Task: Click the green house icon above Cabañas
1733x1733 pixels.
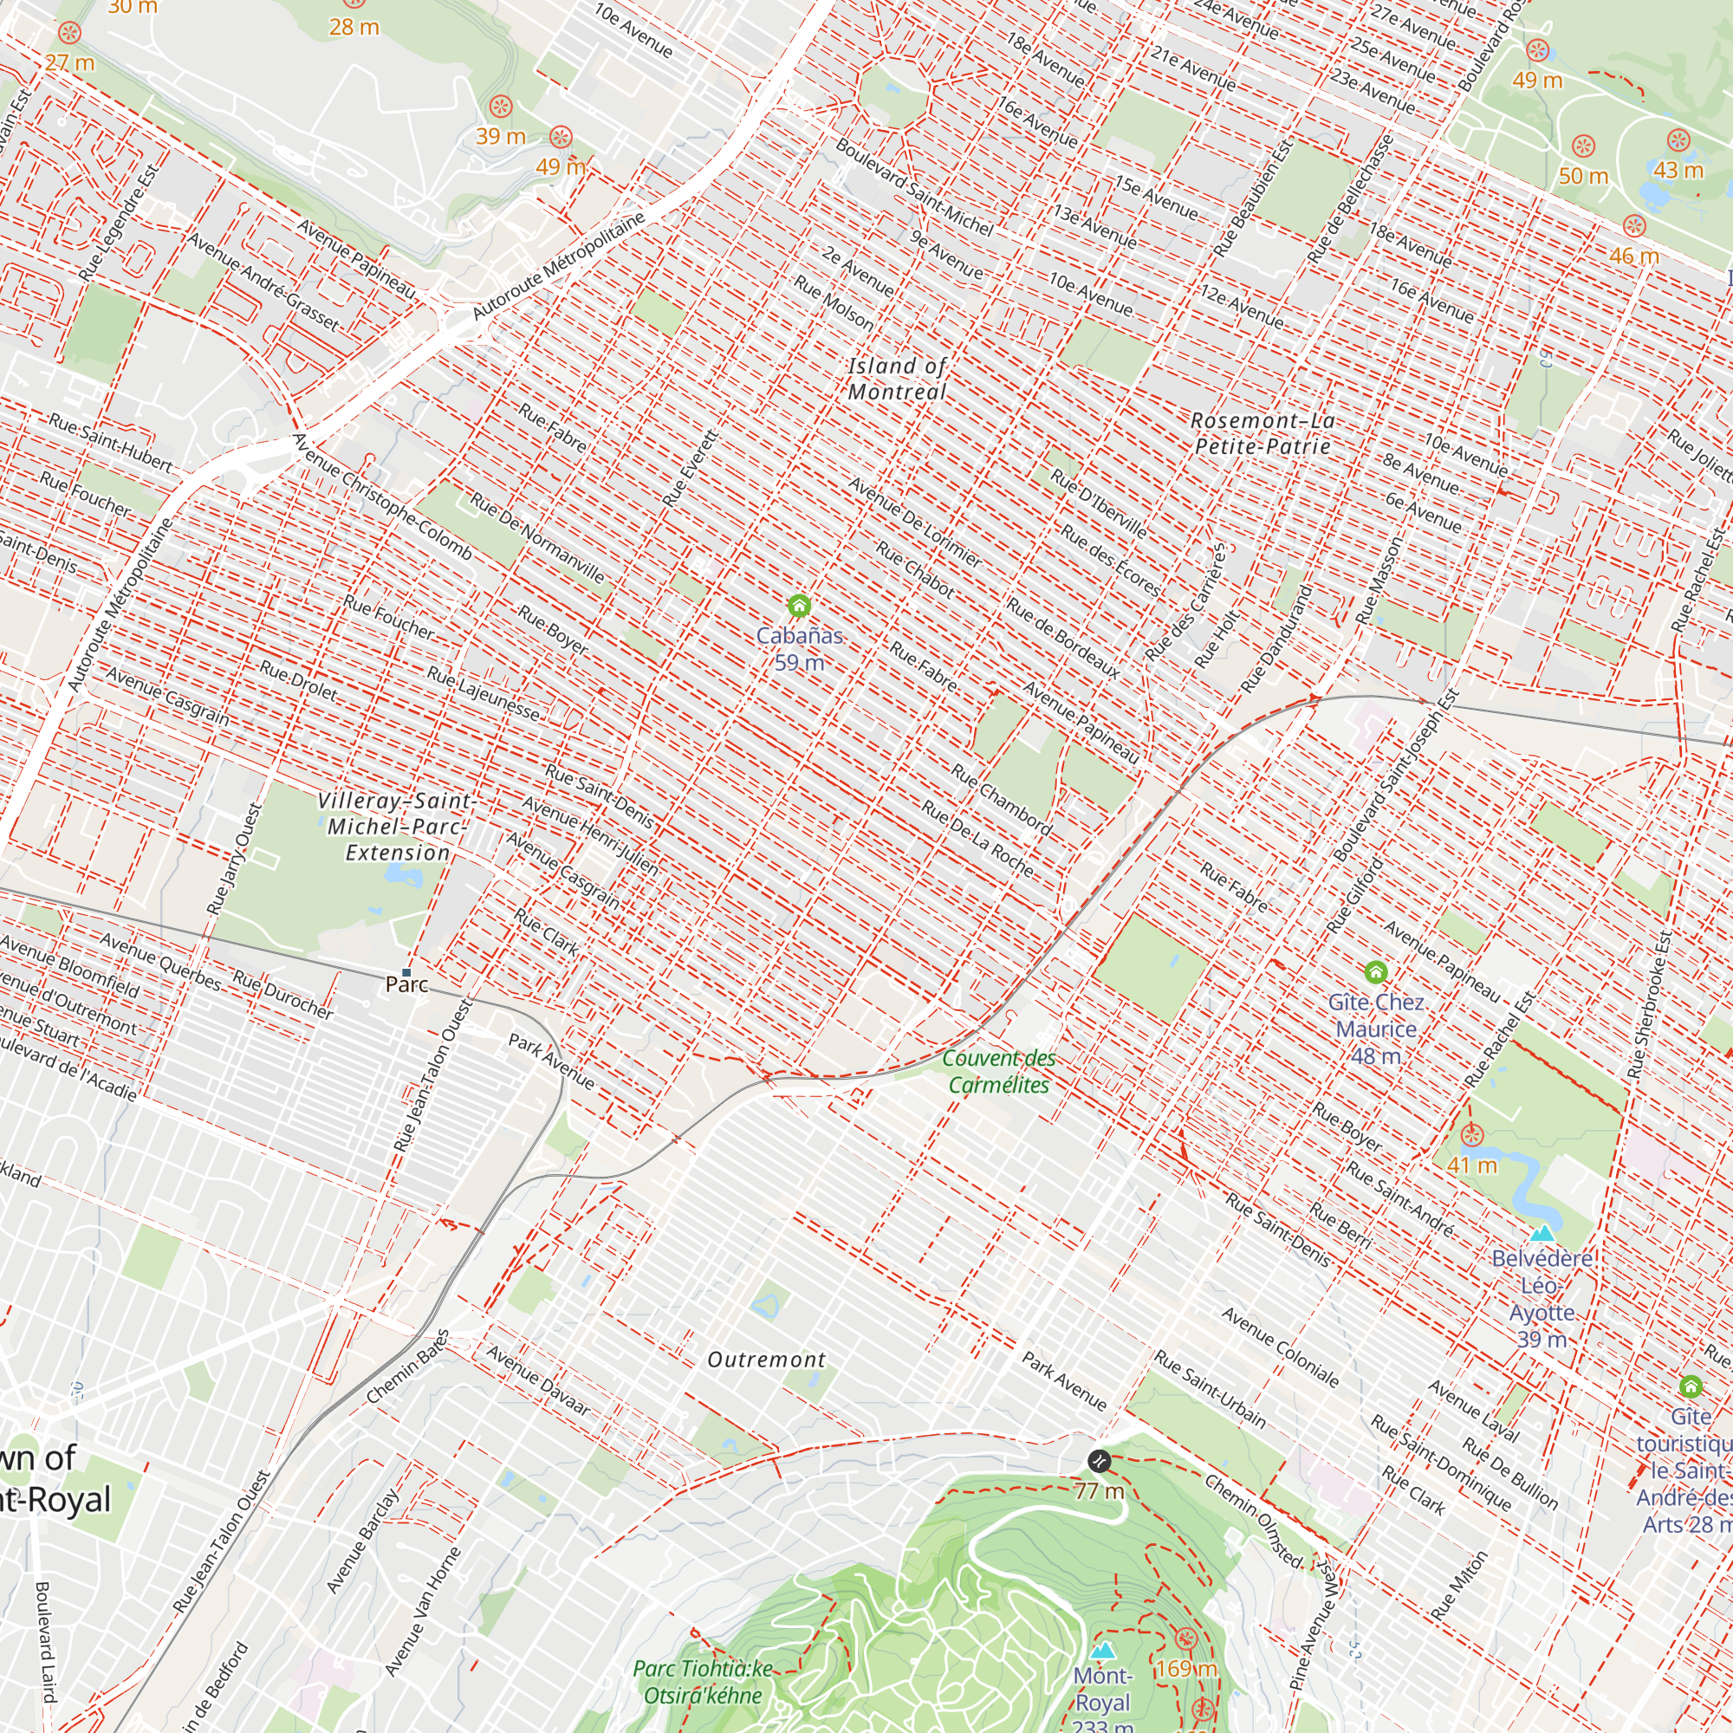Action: pos(798,607)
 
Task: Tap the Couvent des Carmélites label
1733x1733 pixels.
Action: pos(998,1071)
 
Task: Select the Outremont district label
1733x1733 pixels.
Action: pos(766,1360)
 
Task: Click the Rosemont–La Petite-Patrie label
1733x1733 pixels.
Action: pos(1263,433)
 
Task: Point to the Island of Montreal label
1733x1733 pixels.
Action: pos(897,379)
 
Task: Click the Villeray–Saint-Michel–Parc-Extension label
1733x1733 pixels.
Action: pos(398,826)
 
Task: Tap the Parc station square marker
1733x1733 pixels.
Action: pos(406,972)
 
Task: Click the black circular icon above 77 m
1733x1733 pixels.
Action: pos(1099,1460)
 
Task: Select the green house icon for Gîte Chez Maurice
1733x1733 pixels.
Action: pos(1375,972)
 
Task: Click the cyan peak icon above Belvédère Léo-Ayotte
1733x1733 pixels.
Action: pos(1542,1233)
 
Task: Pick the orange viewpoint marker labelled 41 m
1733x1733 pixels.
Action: pos(1471,1136)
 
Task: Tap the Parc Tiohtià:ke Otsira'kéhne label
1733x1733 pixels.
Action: pos(703,1682)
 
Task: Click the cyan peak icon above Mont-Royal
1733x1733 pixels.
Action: pos(1102,1651)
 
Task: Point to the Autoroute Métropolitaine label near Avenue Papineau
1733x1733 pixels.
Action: pos(558,265)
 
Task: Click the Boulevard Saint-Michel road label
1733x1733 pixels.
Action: pos(914,186)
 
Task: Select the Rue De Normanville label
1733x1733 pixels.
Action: pos(536,538)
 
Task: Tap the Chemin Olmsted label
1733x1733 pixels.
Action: pos(1253,1521)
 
